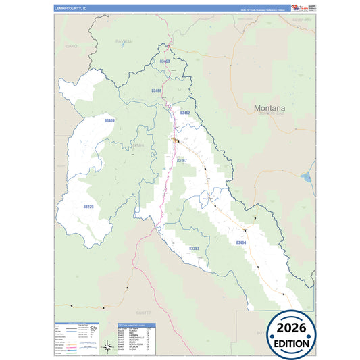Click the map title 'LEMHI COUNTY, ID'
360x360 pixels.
71,9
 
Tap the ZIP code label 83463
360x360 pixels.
165,61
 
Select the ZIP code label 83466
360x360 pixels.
156,91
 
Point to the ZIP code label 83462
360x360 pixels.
185,113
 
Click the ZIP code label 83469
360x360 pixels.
109,120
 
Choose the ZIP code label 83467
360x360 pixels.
182,161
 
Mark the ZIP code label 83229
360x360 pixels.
88,207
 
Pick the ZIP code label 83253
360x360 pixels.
194,249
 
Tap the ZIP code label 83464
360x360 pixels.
241,242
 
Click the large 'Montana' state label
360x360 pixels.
269,107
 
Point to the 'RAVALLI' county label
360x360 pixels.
124,41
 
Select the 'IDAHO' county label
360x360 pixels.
72,46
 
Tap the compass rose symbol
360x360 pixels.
107,347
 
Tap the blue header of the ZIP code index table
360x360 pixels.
136,325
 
